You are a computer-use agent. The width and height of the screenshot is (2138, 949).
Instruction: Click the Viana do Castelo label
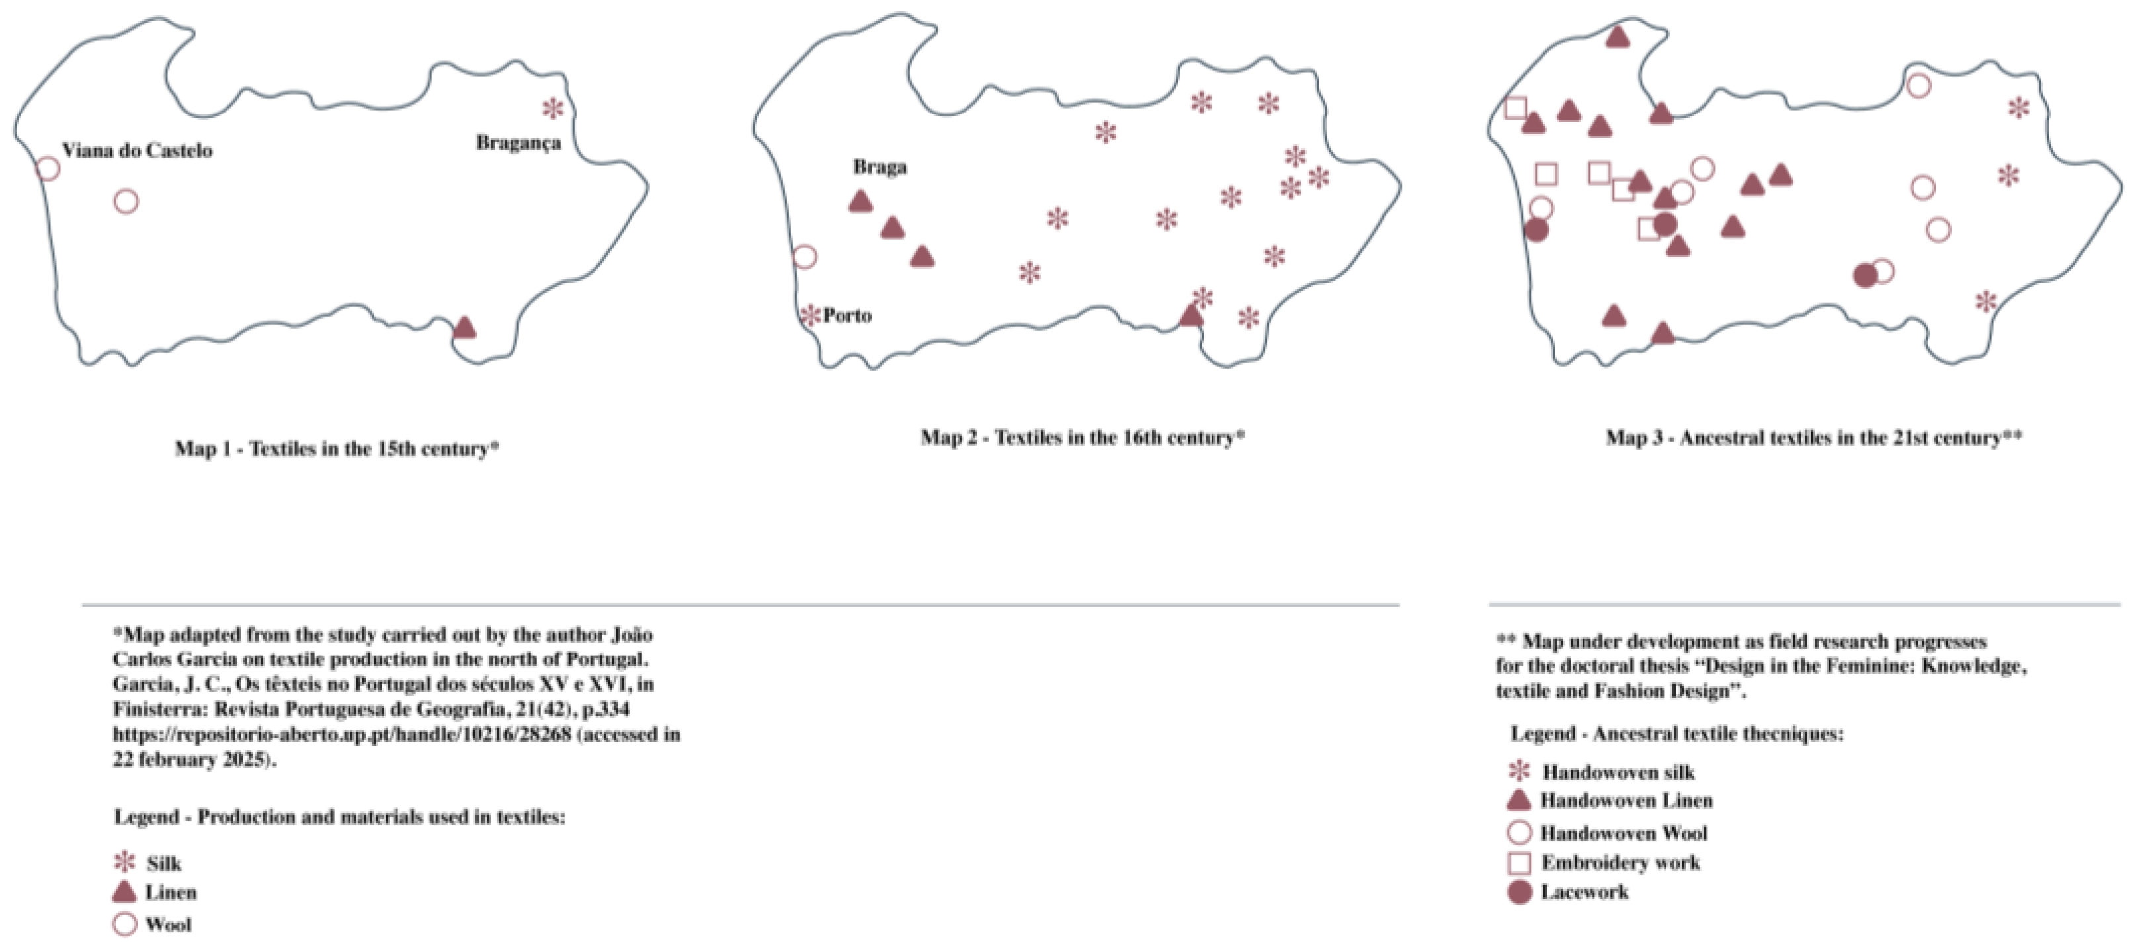pos(137,151)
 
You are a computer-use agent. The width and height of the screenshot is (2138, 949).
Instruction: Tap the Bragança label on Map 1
pos(518,143)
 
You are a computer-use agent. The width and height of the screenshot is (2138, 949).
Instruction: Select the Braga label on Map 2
pos(880,167)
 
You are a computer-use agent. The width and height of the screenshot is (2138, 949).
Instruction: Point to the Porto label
pos(847,316)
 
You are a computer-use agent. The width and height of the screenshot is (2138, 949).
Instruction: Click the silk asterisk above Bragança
pos(552,108)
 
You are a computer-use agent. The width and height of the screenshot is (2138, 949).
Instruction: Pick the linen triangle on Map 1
pos(465,328)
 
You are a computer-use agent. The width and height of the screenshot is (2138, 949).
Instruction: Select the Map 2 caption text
pos(1083,437)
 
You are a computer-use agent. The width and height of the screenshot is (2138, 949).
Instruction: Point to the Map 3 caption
pos(1813,437)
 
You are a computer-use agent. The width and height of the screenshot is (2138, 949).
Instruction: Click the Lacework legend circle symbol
pos(1519,893)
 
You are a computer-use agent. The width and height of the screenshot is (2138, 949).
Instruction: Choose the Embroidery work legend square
pos(1519,864)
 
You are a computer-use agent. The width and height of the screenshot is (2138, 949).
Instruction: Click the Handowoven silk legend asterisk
pos(1519,772)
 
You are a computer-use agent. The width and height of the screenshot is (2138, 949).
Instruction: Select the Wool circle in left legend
pos(124,924)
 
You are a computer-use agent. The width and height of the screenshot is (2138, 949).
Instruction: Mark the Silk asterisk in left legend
pos(124,862)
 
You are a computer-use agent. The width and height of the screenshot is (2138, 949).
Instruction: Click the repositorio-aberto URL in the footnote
pos(342,735)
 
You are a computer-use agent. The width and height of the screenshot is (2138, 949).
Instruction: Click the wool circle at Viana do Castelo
pos(48,169)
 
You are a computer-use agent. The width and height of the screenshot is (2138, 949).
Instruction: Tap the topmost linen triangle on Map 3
pos(1618,37)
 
